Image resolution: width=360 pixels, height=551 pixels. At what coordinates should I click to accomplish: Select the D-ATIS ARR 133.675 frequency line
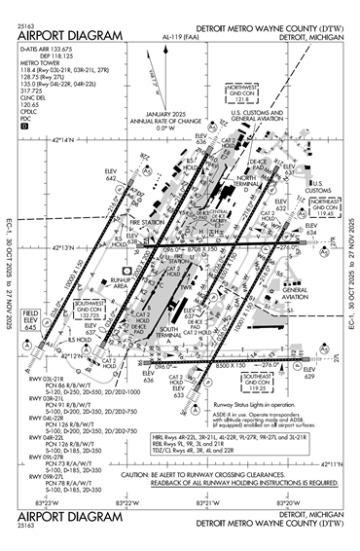pos(48,47)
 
